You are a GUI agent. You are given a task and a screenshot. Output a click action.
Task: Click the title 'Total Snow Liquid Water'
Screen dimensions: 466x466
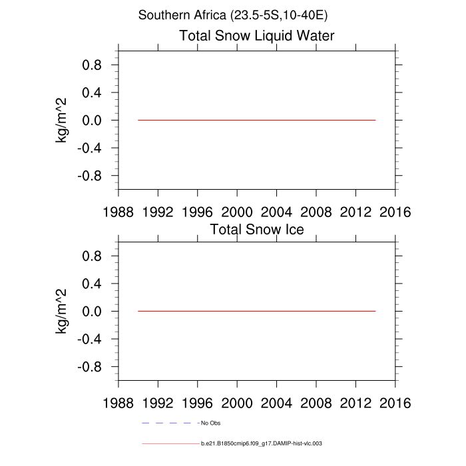point(256,35)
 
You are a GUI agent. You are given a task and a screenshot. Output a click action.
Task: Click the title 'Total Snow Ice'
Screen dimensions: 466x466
point(257,230)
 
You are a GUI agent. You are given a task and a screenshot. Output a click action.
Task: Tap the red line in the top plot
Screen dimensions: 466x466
point(256,120)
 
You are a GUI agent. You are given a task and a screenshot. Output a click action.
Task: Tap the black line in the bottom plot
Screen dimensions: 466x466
point(256,311)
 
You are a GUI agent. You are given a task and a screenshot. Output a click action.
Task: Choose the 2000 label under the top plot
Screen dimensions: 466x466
point(237,212)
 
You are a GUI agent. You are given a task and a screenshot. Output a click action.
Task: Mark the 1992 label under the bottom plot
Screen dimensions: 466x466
point(158,403)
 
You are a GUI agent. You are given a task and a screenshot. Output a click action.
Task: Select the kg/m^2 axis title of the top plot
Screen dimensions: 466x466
point(61,120)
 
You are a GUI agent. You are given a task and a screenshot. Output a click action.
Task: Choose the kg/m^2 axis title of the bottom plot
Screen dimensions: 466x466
point(61,311)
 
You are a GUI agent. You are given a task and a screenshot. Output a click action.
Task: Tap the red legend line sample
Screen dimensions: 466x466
point(170,443)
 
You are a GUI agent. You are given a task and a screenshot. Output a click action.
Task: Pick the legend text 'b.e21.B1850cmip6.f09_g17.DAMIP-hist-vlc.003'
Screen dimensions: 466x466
point(262,443)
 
